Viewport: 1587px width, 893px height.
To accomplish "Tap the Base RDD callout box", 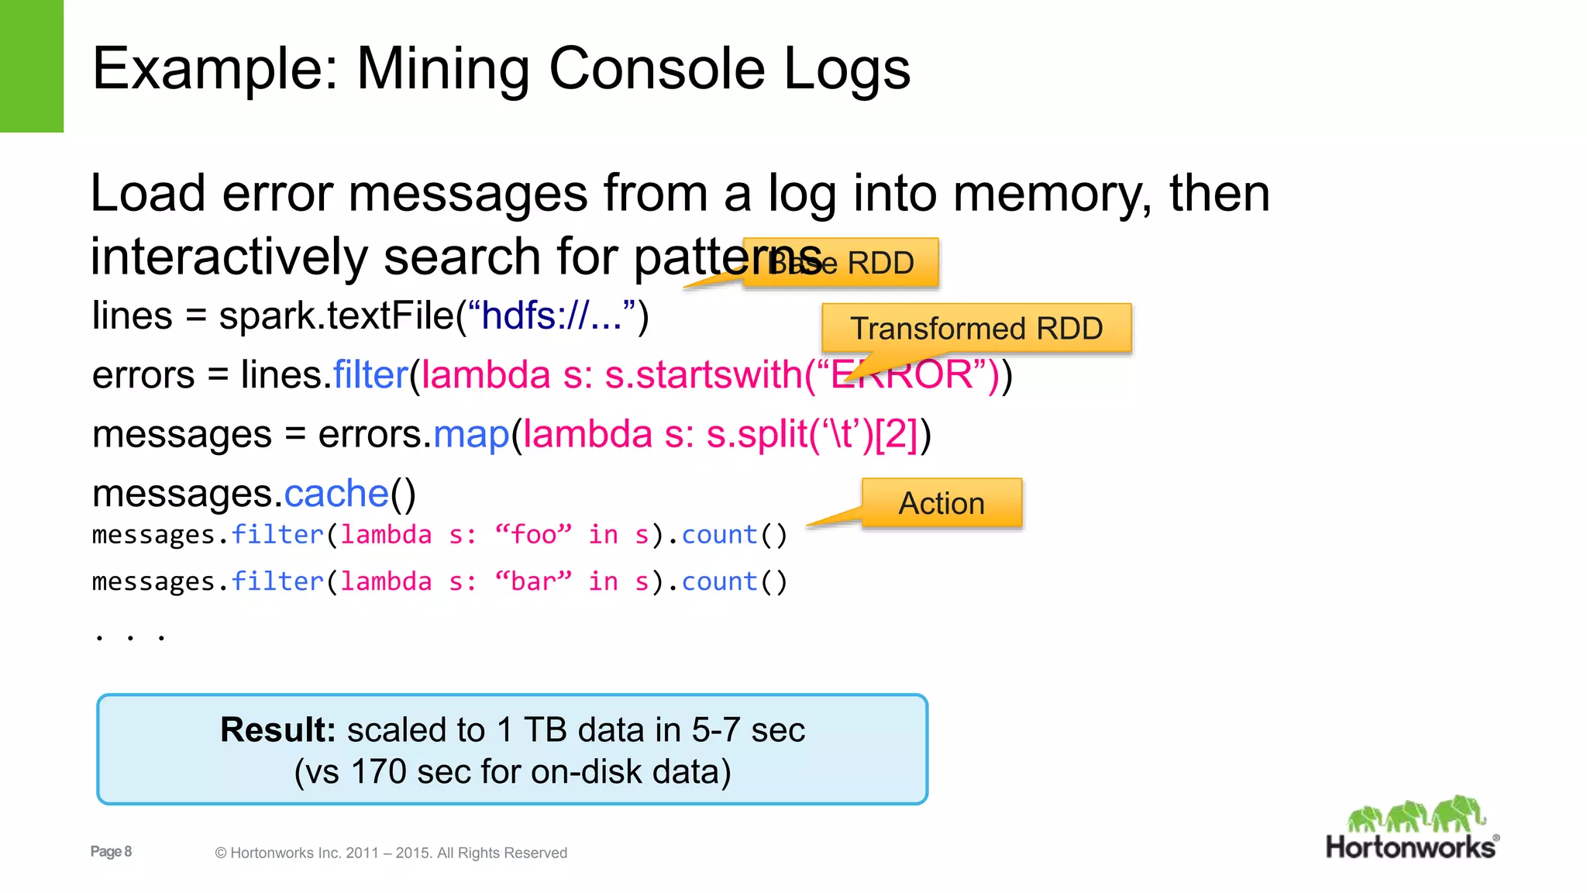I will pos(842,263).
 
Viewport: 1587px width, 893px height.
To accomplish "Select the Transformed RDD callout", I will pos(976,328).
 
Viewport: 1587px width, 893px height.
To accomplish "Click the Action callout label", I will pos(942,503).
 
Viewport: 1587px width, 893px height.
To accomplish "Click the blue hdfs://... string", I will pos(552,315).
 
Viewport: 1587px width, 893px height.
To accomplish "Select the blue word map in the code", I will pos(471,434).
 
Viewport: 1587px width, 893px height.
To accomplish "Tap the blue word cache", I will pos(336,494).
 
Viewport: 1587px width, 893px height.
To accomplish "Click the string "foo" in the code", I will pos(533,535).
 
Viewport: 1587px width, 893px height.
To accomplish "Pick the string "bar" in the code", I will pos(533,581).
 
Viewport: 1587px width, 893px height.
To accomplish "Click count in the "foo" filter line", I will pos(719,535).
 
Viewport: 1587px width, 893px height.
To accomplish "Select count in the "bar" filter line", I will pos(719,581).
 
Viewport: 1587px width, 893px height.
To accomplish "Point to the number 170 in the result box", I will pos(378,772).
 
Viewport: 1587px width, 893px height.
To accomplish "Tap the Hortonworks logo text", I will pos(1411,846).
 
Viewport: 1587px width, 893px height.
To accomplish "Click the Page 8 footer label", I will pos(111,851).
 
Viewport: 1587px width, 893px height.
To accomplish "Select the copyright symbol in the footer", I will pos(221,853).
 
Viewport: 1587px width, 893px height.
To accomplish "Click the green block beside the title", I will pos(32,66).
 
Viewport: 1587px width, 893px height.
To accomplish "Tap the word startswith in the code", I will pos(704,375).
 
